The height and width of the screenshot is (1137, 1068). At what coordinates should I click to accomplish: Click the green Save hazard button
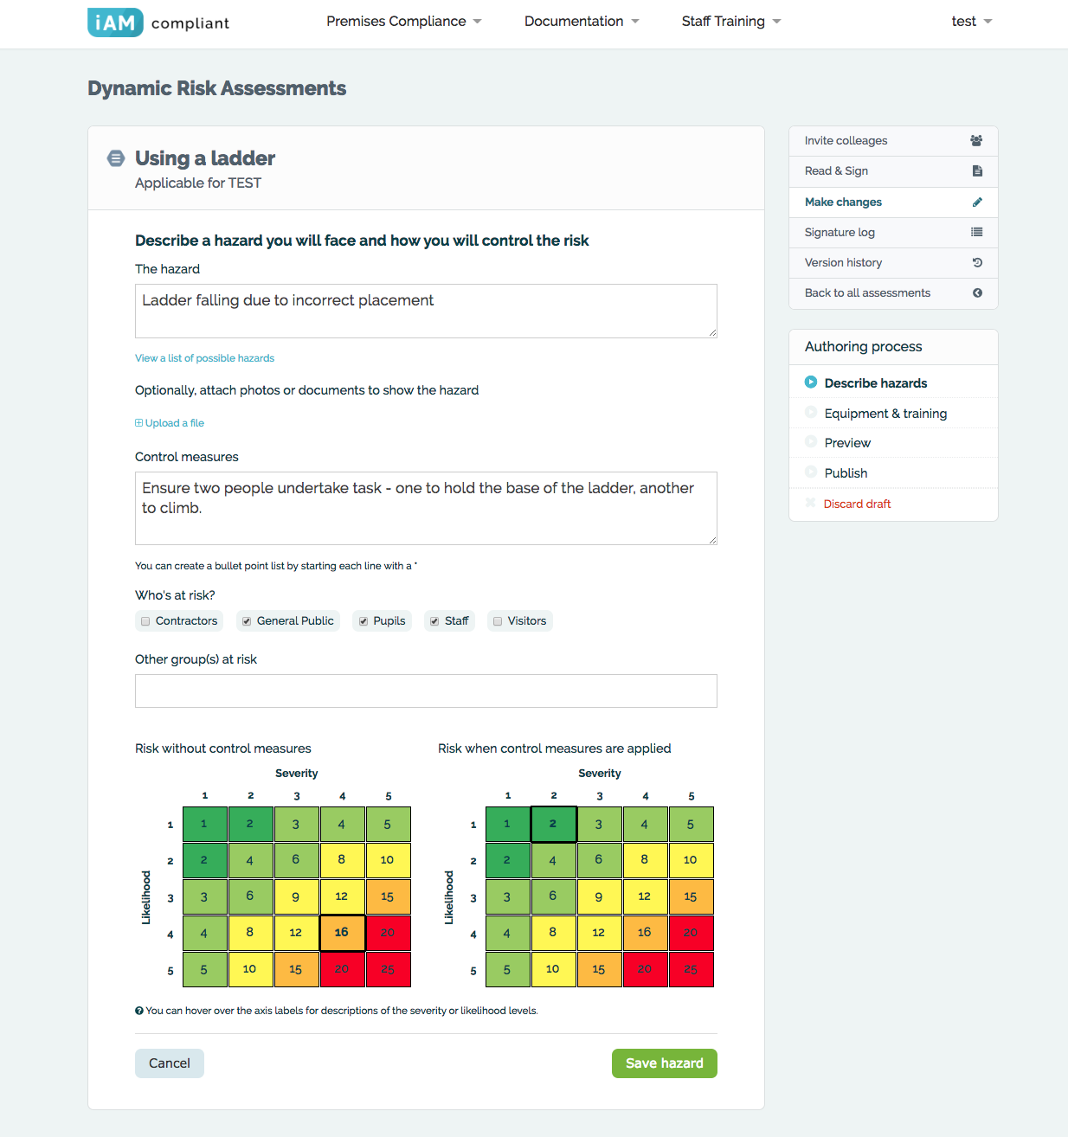pyautogui.click(x=664, y=1063)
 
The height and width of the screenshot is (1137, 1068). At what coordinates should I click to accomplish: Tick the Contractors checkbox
pyautogui.click(x=145, y=621)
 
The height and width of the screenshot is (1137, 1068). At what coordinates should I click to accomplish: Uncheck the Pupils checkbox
pyautogui.click(x=364, y=621)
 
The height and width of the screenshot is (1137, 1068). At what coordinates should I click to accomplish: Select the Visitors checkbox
pyautogui.click(x=498, y=621)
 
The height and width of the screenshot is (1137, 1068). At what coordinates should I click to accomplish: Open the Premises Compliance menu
pyautogui.click(x=403, y=22)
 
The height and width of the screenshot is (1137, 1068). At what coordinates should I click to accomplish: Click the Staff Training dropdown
pyautogui.click(x=730, y=22)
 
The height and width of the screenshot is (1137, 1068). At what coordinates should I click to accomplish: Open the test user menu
pyautogui.click(x=971, y=22)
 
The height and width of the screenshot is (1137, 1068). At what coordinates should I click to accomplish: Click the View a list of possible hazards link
pyautogui.click(x=204, y=358)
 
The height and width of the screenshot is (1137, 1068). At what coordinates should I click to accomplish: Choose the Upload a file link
pyautogui.click(x=170, y=423)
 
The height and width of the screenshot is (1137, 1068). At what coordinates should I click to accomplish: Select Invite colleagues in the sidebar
pyautogui.click(x=846, y=141)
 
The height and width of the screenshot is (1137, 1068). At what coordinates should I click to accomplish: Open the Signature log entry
pyautogui.click(x=840, y=232)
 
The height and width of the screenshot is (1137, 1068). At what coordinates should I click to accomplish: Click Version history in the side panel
pyautogui.click(x=843, y=262)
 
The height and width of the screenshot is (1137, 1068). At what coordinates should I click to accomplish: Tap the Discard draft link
pyautogui.click(x=857, y=504)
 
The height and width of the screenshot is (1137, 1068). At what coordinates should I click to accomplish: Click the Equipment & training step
pyautogui.click(x=885, y=414)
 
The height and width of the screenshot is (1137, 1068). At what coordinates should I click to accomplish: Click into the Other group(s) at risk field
pyautogui.click(x=426, y=691)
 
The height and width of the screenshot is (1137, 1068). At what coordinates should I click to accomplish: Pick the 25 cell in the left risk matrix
pyautogui.click(x=388, y=969)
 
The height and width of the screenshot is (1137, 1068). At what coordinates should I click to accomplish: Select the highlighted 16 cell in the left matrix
pyautogui.click(x=342, y=933)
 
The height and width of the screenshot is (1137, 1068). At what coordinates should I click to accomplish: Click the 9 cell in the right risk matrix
pyautogui.click(x=599, y=896)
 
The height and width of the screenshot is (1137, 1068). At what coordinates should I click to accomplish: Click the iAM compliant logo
pyautogui.click(x=158, y=22)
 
